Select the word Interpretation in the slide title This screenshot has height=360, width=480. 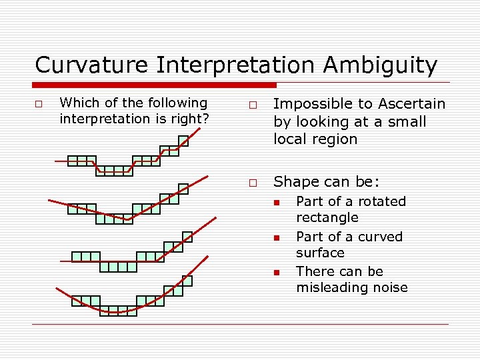click(x=237, y=65)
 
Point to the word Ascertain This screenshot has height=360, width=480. click(x=411, y=104)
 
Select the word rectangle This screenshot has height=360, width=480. click(x=327, y=217)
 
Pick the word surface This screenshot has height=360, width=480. click(x=320, y=253)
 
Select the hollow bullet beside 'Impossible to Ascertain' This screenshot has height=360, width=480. click(x=253, y=105)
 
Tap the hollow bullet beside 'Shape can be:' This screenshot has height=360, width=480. click(x=253, y=183)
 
